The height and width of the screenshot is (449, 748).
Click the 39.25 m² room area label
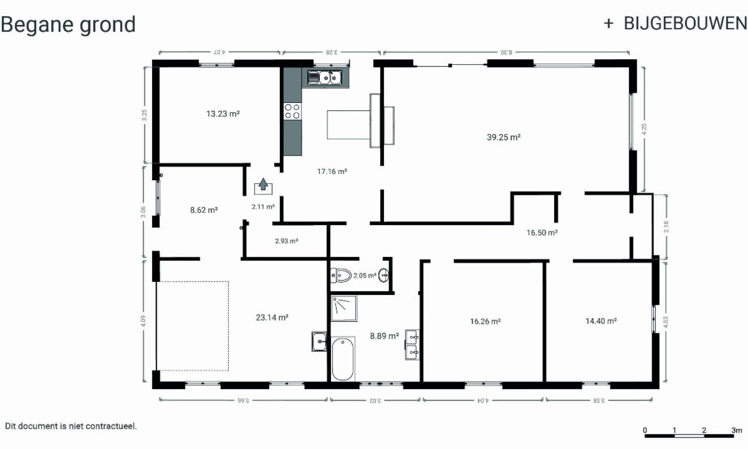[504, 137]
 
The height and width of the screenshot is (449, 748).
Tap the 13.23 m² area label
[223, 114]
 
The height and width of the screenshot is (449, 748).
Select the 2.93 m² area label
[287, 241]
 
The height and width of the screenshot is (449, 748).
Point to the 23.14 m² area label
[272, 317]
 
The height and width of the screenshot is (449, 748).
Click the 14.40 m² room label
[601, 321]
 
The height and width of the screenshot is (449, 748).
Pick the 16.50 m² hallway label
[542, 233]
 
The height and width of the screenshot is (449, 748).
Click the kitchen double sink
[325, 77]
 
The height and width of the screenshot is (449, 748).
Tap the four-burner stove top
[292, 111]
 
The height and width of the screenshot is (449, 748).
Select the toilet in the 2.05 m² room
[341, 276]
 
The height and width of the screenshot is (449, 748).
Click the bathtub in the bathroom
[343, 359]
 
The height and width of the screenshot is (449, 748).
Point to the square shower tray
[344, 308]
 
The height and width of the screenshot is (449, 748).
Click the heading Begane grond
[68, 25]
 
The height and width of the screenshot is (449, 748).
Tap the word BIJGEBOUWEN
[685, 24]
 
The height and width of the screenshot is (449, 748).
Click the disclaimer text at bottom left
[71, 427]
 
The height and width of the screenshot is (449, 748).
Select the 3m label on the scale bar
[737, 430]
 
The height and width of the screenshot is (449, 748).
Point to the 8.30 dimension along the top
[506, 52]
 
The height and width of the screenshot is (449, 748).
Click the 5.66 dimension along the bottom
[243, 400]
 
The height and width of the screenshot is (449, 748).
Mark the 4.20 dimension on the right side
[644, 129]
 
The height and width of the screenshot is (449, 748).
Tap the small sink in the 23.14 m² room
[319, 341]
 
